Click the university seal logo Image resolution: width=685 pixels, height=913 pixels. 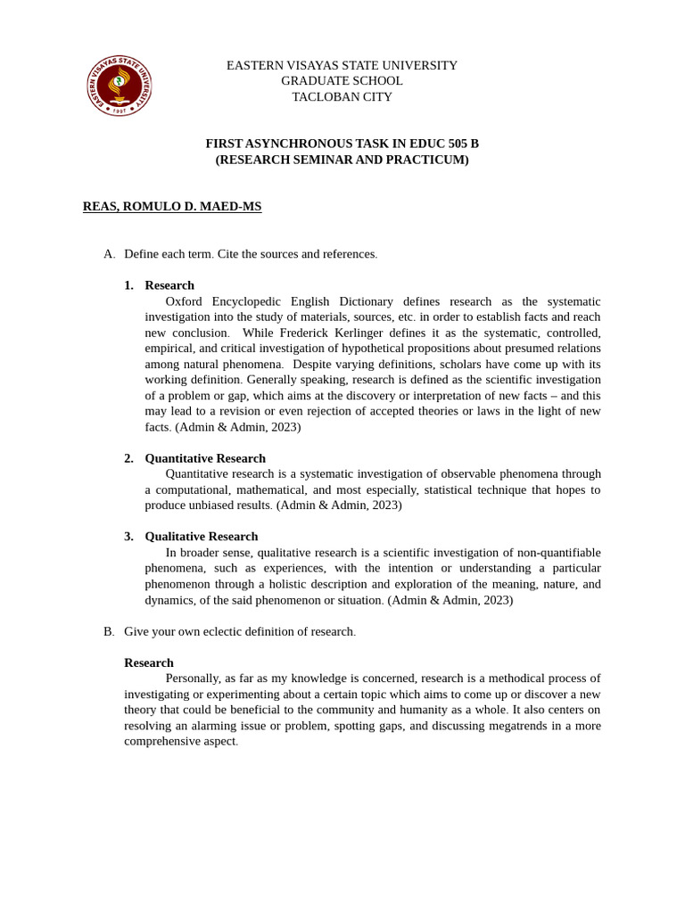pos(119,86)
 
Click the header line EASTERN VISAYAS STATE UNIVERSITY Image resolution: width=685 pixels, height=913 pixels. pos(342,65)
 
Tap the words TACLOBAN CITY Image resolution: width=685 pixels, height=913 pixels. pos(342,96)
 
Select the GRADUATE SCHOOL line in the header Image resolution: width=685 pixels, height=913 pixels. pos(342,81)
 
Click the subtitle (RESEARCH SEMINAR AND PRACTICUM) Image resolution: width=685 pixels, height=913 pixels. pos(342,160)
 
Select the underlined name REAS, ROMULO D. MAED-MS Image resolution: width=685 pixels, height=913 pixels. pos(172,207)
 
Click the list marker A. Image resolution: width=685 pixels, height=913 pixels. pos(109,254)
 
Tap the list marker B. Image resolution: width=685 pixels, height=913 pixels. pos(109,631)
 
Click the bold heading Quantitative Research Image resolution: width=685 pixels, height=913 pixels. pos(205,458)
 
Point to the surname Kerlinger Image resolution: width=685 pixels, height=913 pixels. pos(347,333)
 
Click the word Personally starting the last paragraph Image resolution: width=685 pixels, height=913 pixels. pos(193,679)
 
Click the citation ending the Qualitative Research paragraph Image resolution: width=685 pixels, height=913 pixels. pos(450,600)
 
